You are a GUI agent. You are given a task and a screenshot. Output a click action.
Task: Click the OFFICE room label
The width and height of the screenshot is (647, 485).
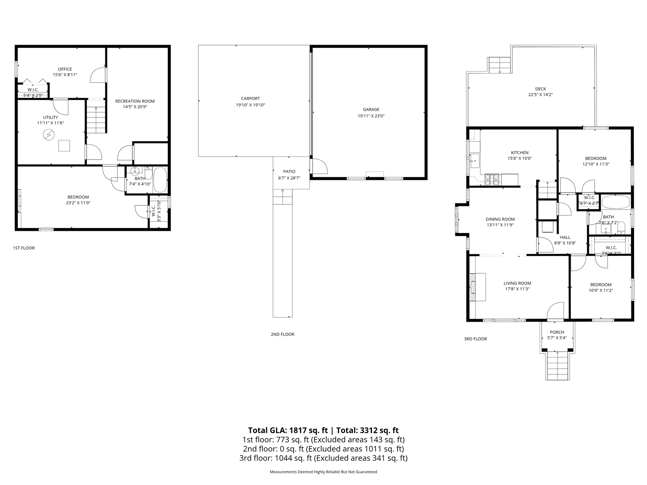(65, 69)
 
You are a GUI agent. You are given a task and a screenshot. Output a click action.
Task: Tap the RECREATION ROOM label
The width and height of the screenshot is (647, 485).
(135, 101)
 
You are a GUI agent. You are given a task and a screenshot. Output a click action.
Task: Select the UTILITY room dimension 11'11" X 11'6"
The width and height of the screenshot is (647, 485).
(50, 123)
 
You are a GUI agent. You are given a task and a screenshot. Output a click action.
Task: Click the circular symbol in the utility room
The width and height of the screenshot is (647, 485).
(49, 134)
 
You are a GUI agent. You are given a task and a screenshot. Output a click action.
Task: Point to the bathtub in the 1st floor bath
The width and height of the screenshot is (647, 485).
(160, 180)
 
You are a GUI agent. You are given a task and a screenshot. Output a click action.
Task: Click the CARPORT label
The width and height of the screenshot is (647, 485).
(250, 99)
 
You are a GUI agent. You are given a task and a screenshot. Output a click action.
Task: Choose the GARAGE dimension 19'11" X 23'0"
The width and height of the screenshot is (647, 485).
(371, 116)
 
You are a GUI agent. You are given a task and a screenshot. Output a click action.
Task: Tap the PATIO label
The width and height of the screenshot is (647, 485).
(289, 172)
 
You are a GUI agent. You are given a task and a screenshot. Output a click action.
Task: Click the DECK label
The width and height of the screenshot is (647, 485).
(540, 89)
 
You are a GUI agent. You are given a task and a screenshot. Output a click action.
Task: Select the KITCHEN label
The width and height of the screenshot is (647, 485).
(520, 153)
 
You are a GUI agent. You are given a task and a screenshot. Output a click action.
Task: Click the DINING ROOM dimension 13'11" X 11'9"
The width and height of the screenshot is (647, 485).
(500, 225)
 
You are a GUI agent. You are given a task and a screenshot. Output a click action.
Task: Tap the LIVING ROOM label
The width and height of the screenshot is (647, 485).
(517, 283)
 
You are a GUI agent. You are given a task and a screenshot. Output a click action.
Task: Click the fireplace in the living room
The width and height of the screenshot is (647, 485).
(477, 287)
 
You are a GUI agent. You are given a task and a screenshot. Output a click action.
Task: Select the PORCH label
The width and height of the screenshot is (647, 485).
(557, 332)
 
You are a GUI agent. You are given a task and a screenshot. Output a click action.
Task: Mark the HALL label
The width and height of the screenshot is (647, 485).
(565, 238)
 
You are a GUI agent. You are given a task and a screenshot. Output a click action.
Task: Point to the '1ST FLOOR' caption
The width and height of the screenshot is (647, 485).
(24, 248)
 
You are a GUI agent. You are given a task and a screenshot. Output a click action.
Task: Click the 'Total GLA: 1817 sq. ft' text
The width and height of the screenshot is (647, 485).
(288, 430)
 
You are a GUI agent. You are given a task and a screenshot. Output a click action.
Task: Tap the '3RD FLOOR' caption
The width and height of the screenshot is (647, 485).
(476, 339)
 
